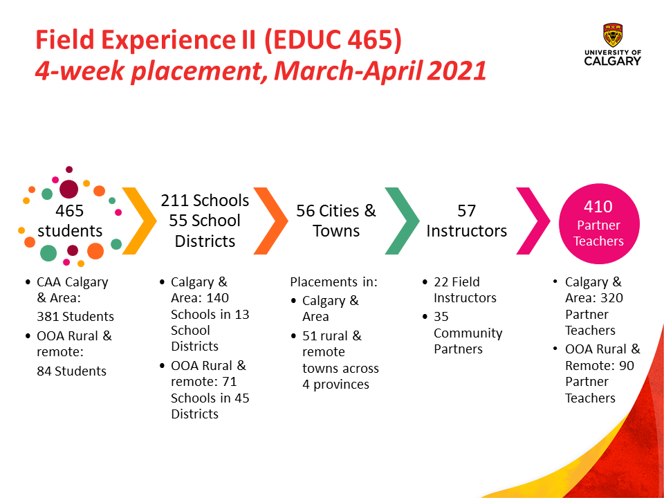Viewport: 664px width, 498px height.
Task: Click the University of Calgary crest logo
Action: (613, 35)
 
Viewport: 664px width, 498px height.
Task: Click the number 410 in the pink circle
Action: (598, 207)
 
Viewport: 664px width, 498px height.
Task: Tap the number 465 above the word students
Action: (69, 211)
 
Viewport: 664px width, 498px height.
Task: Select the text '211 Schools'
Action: (205, 201)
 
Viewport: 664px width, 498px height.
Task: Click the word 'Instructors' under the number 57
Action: (466, 231)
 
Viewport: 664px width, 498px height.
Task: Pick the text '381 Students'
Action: (75, 316)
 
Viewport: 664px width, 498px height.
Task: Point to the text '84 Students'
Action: (71, 371)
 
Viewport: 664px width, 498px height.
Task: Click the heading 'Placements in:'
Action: (333, 282)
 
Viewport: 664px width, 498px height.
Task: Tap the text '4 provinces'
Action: (336, 385)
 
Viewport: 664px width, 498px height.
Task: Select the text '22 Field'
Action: (456, 282)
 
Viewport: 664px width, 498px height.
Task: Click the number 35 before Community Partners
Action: (441, 316)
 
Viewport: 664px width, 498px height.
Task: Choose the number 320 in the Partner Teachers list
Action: (611, 298)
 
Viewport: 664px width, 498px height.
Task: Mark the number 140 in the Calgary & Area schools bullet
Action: (217, 298)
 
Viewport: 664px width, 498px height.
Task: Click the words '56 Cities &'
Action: (336, 211)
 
